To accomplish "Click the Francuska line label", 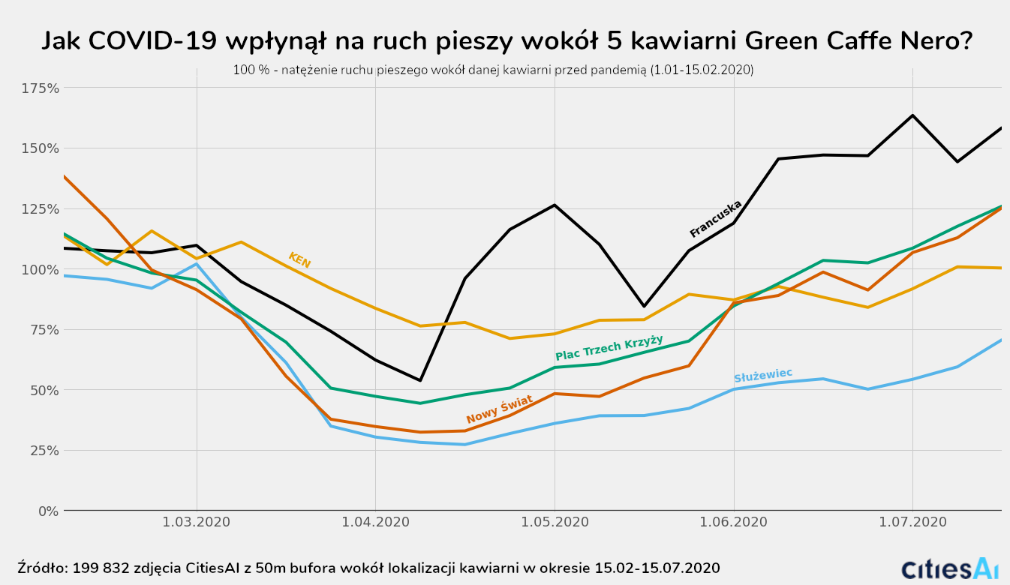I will (716, 218).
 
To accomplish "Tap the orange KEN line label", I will (299, 260).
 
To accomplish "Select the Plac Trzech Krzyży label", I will (609, 348).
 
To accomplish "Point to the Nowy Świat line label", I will (499, 409).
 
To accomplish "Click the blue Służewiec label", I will (762, 375).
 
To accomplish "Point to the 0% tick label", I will (47, 511).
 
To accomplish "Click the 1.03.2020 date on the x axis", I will (197, 522).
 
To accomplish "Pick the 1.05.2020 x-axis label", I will (555, 522).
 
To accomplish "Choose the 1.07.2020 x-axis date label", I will (912, 522).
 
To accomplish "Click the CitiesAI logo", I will (950, 568).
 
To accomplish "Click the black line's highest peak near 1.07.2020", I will (912, 115).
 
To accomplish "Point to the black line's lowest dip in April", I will (420, 380).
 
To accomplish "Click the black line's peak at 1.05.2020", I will (555, 205).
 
